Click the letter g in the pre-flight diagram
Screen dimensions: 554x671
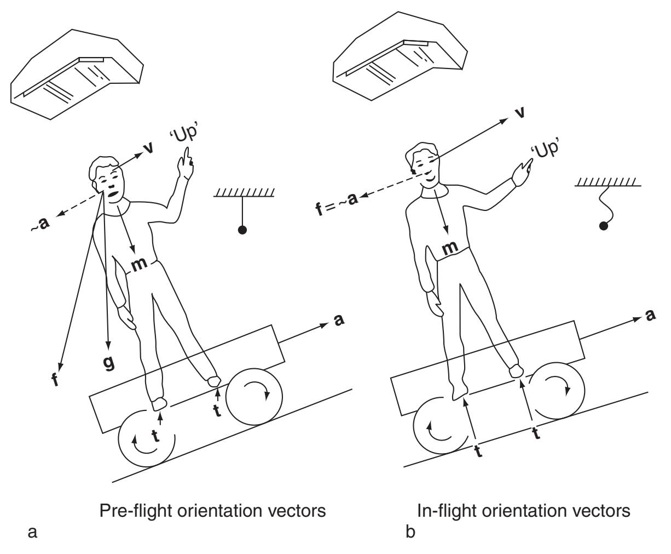tap(109, 362)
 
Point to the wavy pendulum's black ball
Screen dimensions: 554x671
tap(604, 225)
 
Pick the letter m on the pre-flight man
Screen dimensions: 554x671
tap(140, 264)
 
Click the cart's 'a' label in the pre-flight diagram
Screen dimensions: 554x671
tap(339, 321)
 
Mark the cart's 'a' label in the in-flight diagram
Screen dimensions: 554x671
tap(651, 317)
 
